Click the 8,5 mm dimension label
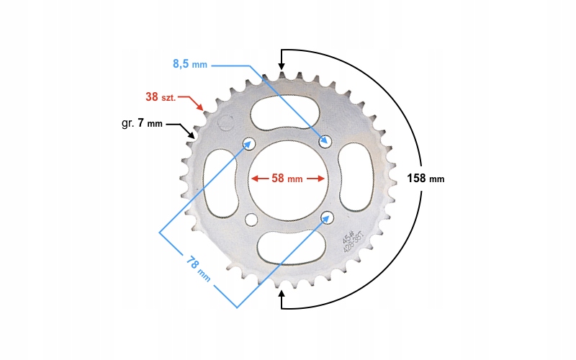click(189, 64)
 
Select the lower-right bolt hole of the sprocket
click(327, 216)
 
